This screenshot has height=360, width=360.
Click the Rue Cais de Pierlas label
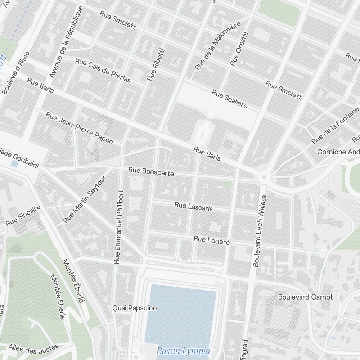[x=103, y=70]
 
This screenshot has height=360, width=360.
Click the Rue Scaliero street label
[x=229, y=99]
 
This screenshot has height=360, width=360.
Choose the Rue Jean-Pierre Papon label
[x=79, y=128]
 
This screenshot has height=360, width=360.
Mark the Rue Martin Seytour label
[x=85, y=199]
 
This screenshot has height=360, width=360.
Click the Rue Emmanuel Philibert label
[x=118, y=227]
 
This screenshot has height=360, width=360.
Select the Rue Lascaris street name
[x=193, y=207]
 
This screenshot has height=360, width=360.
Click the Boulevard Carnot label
[x=305, y=297]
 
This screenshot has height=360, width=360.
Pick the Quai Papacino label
[x=135, y=308]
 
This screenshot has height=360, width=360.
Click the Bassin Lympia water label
[x=183, y=351]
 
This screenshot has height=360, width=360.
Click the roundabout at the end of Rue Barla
[x=264, y=177]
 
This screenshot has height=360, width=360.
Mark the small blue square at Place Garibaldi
[x=15, y=164]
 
